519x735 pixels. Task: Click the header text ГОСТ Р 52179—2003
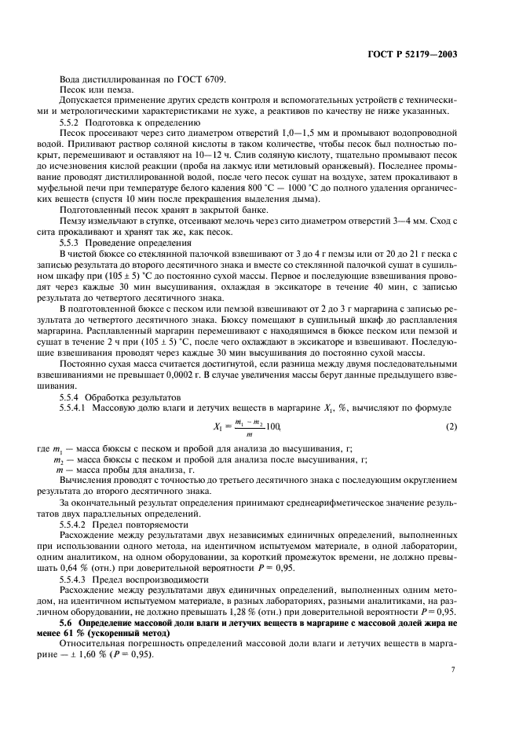click(x=411, y=55)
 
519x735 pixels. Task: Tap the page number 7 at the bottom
click(x=453, y=670)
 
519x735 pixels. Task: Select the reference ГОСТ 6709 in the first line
click(x=201, y=80)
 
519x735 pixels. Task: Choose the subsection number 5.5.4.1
click(x=75, y=407)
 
